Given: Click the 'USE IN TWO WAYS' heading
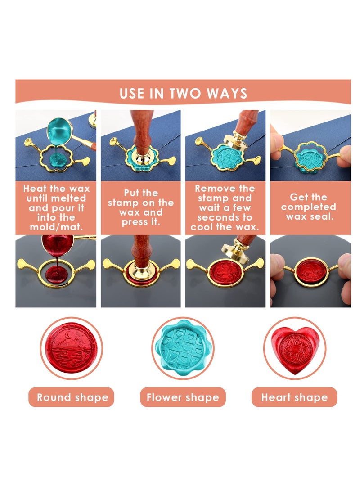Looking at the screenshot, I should coord(183,93).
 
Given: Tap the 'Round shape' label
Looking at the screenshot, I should coord(72,397).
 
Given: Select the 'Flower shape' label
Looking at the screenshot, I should coord(183,397).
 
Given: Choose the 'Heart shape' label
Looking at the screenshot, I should coord(294,397).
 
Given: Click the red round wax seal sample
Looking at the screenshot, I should coord(72,348).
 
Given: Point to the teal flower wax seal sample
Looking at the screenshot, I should coord(182,348).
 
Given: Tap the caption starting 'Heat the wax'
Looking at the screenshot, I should coord(56,207).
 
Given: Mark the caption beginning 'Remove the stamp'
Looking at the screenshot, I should coord(225,207).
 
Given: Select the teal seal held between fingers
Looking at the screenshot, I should coord(310,158).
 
